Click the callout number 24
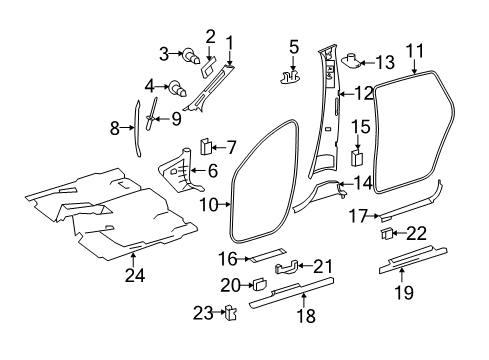click(x=135, y=275)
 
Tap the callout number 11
click(x=415, y=51)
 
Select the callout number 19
click(x=404, y=292)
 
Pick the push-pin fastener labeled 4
click(x=179, y=88)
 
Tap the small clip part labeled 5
click(x=290, y=77)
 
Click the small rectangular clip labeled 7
click(x=205, y=147)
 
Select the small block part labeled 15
click(x=357, y=157)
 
